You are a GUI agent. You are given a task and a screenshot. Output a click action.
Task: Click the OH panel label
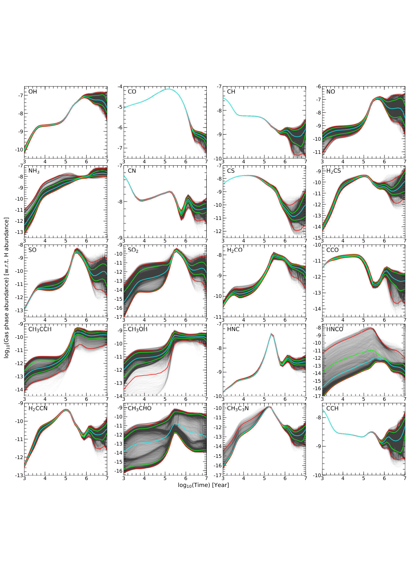click(x=33, y=92)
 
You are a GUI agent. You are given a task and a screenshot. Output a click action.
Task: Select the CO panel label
click(x=132, y=92)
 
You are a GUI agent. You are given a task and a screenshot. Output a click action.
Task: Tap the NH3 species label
click(x=34, y=171)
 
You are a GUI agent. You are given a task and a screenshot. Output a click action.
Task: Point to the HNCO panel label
click(x=334, y=329)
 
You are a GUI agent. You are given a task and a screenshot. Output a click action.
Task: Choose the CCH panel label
click(x=332, y=409)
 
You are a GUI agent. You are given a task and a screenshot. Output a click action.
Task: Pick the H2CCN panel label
click(x=38, y=409)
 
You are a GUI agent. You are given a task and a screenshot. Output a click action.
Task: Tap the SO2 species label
click(x=133, y=250)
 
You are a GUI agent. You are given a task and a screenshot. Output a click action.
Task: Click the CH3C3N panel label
click(x=238, y=409)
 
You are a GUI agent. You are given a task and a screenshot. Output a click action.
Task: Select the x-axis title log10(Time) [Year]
click(x=203, y=485)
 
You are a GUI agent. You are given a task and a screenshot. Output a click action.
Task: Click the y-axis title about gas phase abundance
click(x=7, y=288)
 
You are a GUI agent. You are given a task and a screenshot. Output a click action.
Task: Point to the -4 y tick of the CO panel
click(x=120, y=87)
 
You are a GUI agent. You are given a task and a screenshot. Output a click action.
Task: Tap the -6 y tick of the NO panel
click(x=318, y=87)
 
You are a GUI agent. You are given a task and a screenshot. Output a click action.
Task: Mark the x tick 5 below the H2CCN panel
click(x=66, y=478)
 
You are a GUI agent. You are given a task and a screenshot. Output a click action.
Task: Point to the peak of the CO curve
click(x=168, y=89)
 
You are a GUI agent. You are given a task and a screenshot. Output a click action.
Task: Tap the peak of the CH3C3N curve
click(x=269, y=407)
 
